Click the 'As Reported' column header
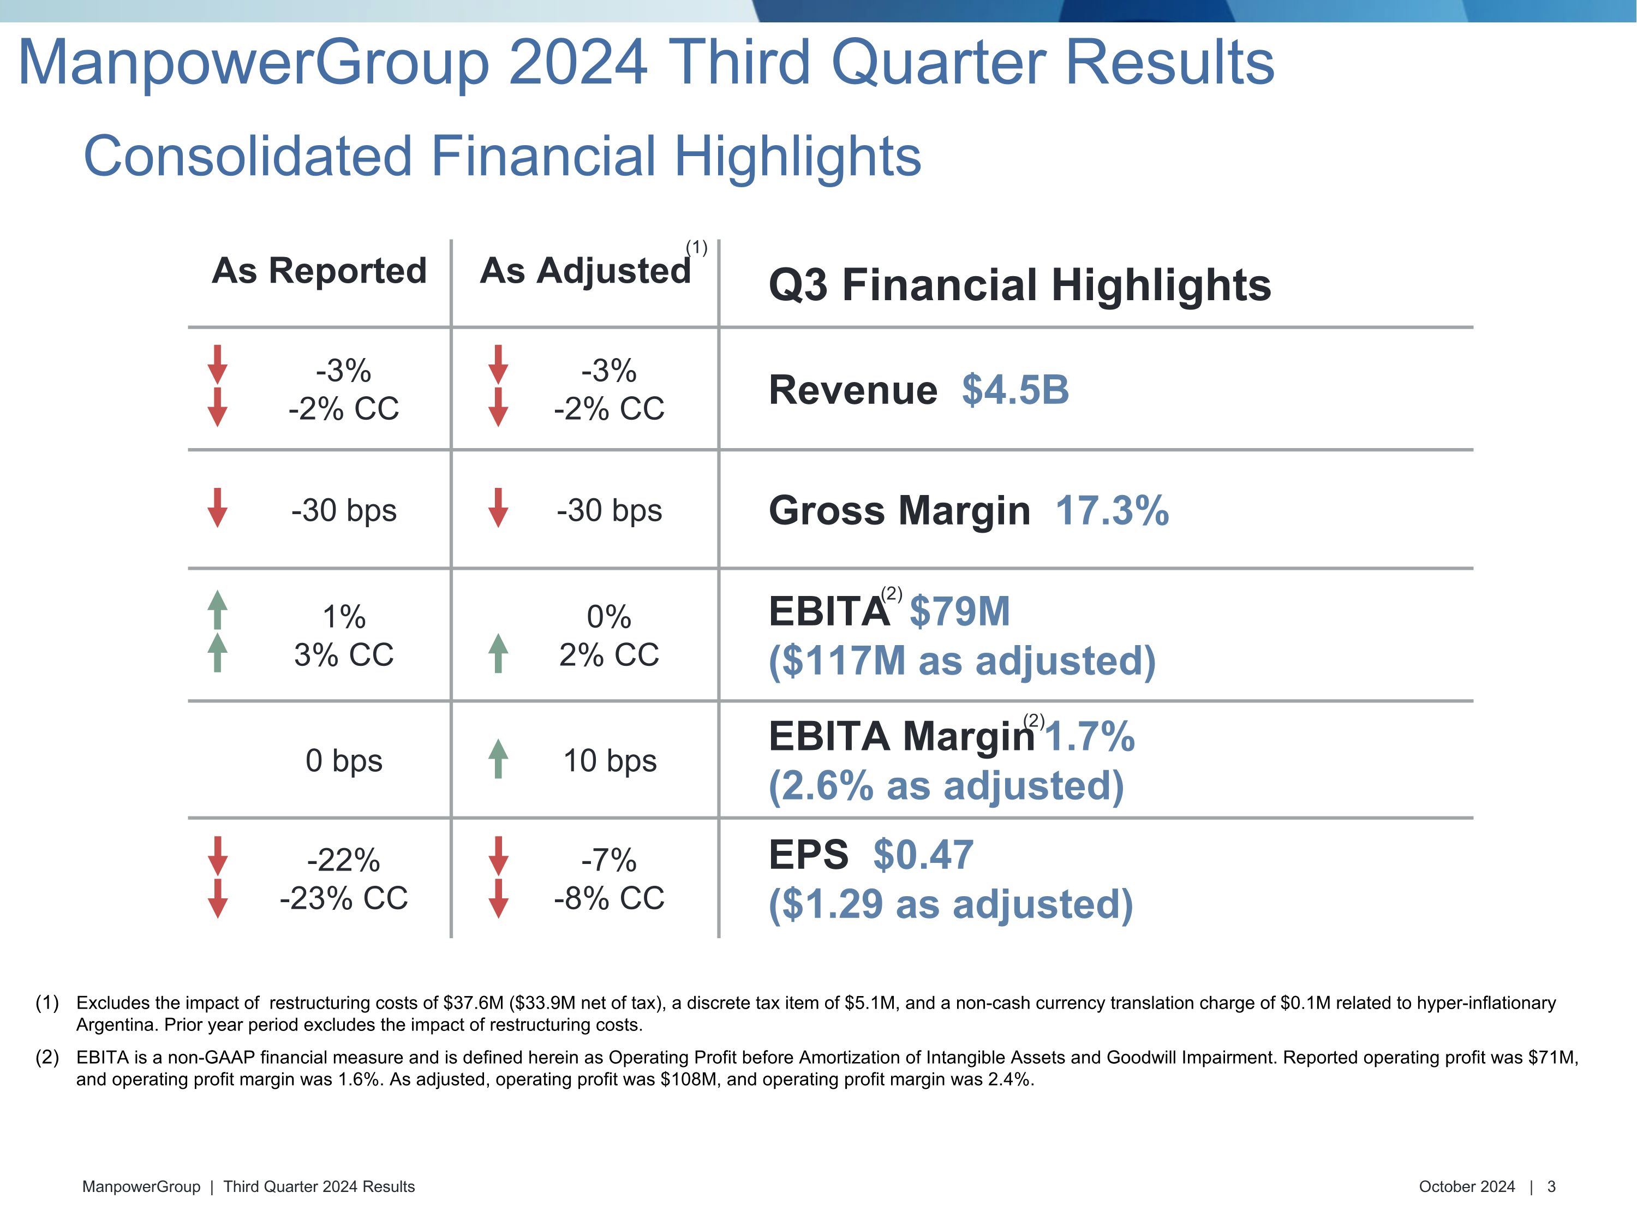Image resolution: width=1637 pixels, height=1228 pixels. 319,271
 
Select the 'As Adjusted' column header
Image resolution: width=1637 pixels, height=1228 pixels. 584,271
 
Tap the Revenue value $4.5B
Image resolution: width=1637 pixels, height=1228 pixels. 1014,390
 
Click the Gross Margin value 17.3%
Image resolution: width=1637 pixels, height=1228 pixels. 1112,511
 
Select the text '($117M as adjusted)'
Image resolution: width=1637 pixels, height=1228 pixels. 961,660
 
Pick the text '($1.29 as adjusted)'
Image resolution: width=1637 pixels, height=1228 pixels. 950,904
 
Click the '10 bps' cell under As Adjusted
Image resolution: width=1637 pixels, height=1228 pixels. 610,761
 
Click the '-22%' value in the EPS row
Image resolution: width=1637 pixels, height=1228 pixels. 343,860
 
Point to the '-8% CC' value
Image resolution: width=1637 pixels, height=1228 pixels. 609,898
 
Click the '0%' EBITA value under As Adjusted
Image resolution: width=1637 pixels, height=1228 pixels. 608,617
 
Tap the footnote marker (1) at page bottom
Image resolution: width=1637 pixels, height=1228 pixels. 47,1003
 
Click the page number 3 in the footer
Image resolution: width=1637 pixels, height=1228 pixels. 1551,1187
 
